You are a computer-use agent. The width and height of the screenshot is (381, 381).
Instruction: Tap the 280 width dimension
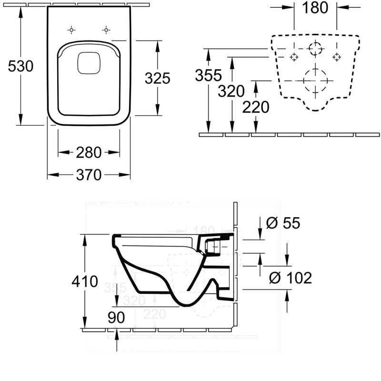pyautogui.click(x=89, y=152)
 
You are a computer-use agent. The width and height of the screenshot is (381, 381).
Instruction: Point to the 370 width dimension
pyautogui.click(x=89, y=175)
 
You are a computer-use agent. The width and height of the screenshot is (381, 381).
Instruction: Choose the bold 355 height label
pyautogui.click(x=209, y=75)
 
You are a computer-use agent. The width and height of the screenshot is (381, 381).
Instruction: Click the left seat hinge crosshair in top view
pyautogui.click(x=71, y=30)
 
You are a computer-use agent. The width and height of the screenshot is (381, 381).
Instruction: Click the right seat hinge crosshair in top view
pyautogui.click(x=105, y=30)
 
